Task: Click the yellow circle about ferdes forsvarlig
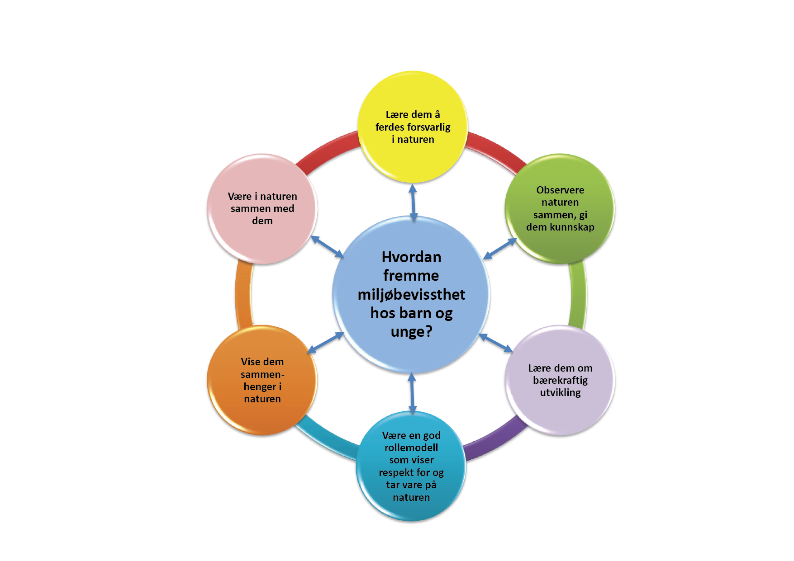(413, 127)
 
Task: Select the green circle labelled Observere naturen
(560, 209)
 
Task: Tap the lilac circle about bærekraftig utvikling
(560, 380)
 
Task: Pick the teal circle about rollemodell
(411, 466)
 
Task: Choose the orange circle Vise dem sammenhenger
(262, 380)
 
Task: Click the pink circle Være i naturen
(262, 209)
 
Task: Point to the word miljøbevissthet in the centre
(411, 295)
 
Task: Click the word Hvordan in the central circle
(411, 257)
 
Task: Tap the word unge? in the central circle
(411, 332)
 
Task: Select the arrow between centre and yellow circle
(413, 202)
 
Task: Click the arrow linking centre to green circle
(499, 249)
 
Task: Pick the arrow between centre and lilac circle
(495, 343)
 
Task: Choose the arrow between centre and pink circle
(327, 247)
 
